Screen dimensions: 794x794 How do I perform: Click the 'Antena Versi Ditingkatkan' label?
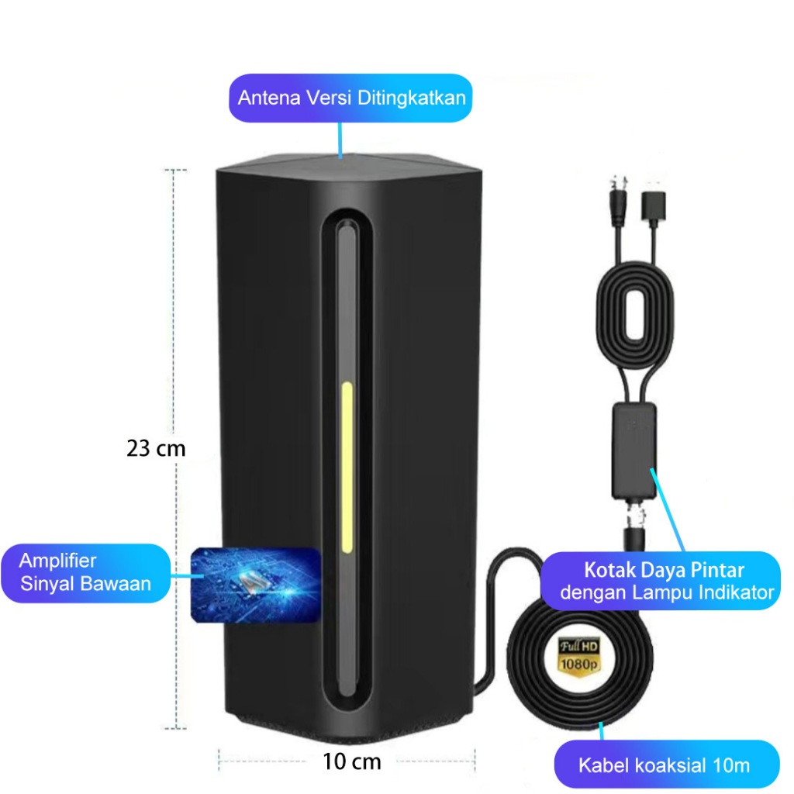click(x=350, y=98)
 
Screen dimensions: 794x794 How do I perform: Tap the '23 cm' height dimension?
click(x=156, y=448)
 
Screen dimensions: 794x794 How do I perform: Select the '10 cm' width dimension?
click(x=352, y=761)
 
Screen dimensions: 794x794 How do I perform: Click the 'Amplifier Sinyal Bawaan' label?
click(x=85, y=572)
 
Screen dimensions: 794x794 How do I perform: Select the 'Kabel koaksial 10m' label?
click(x=665, y=765)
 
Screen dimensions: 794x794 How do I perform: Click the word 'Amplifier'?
click(x=58, y=561)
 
